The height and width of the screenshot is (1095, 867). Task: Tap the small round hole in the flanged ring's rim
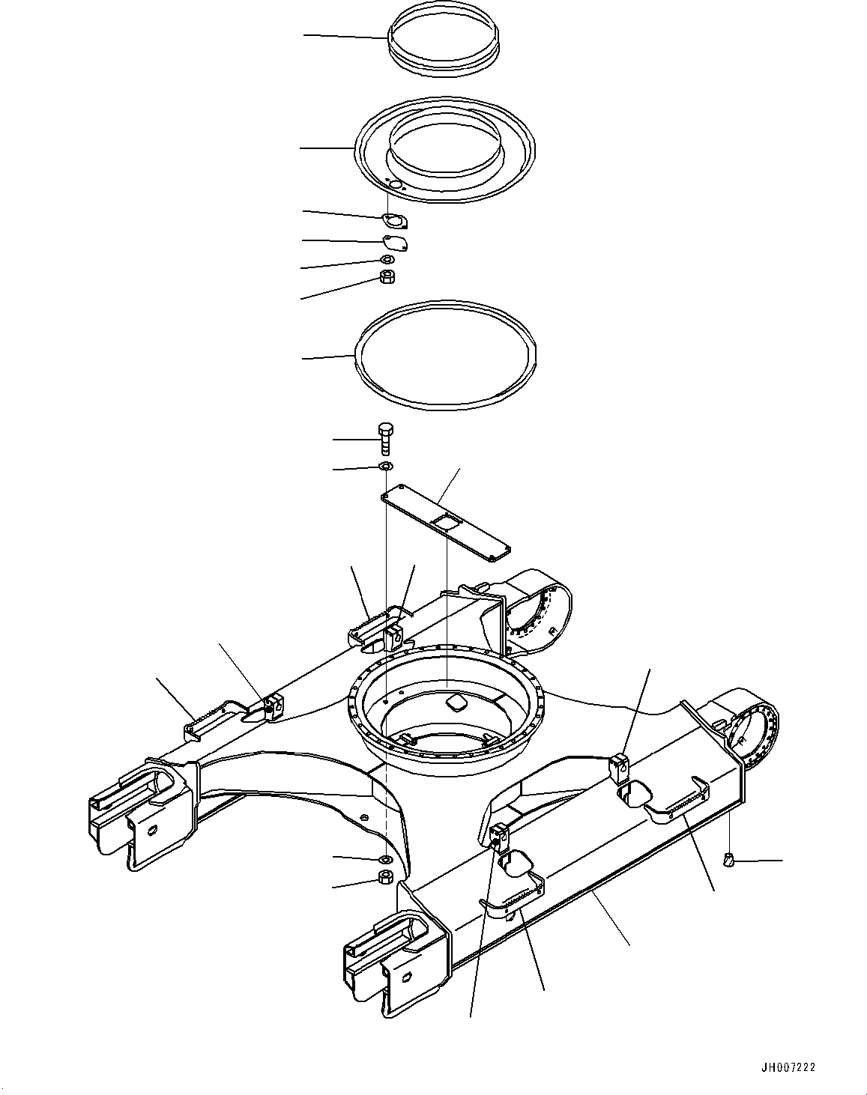(x=396, y=184)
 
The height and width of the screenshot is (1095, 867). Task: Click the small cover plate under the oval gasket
(x=394, y=243)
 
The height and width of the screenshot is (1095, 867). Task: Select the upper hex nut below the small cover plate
(x=387, y=277)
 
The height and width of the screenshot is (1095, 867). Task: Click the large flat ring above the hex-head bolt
(x=447, y=354)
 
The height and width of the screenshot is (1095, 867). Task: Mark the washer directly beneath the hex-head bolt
(x=385, y=467)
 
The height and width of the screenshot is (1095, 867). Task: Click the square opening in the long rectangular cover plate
(x=448, y=524)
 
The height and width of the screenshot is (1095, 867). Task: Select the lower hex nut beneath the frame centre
(x=385, y=878)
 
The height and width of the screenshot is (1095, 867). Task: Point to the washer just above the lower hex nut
(x=385, y=859)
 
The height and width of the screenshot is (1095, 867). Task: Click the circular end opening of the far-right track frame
(x=752, y=735)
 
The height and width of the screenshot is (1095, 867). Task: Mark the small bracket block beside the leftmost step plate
(x=273, y=705)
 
